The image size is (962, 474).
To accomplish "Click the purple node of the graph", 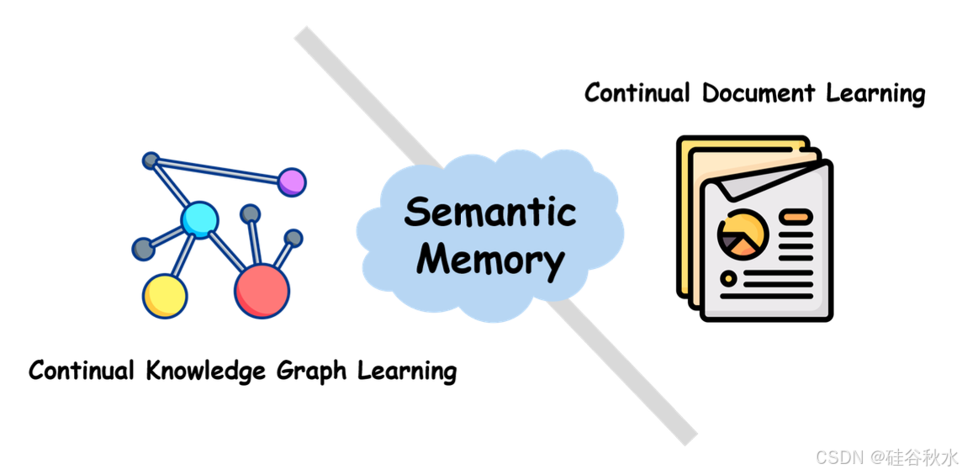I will [x=292, y=182].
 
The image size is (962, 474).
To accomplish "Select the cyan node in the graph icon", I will [x=200, y=220].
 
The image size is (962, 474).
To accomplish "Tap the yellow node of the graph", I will [x=165, y=295].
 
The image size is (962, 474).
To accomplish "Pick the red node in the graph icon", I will [x=262, y=291].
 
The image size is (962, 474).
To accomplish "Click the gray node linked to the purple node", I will [x=151, y=160].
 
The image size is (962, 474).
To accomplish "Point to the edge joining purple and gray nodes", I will [x=220, y=171].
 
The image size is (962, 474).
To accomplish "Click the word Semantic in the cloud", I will [x=490, y=212].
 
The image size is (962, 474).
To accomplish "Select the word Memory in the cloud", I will [x=490, y=259].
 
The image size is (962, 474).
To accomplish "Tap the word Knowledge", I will [x=205, y=370].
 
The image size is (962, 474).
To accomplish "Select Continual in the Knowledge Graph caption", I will [x=82, y=370].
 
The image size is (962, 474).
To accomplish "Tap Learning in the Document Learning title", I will [x=875, y=93].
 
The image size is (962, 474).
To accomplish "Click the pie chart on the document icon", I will [x=743, y=234].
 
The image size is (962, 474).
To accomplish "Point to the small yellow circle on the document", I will [x=728, y=277].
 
